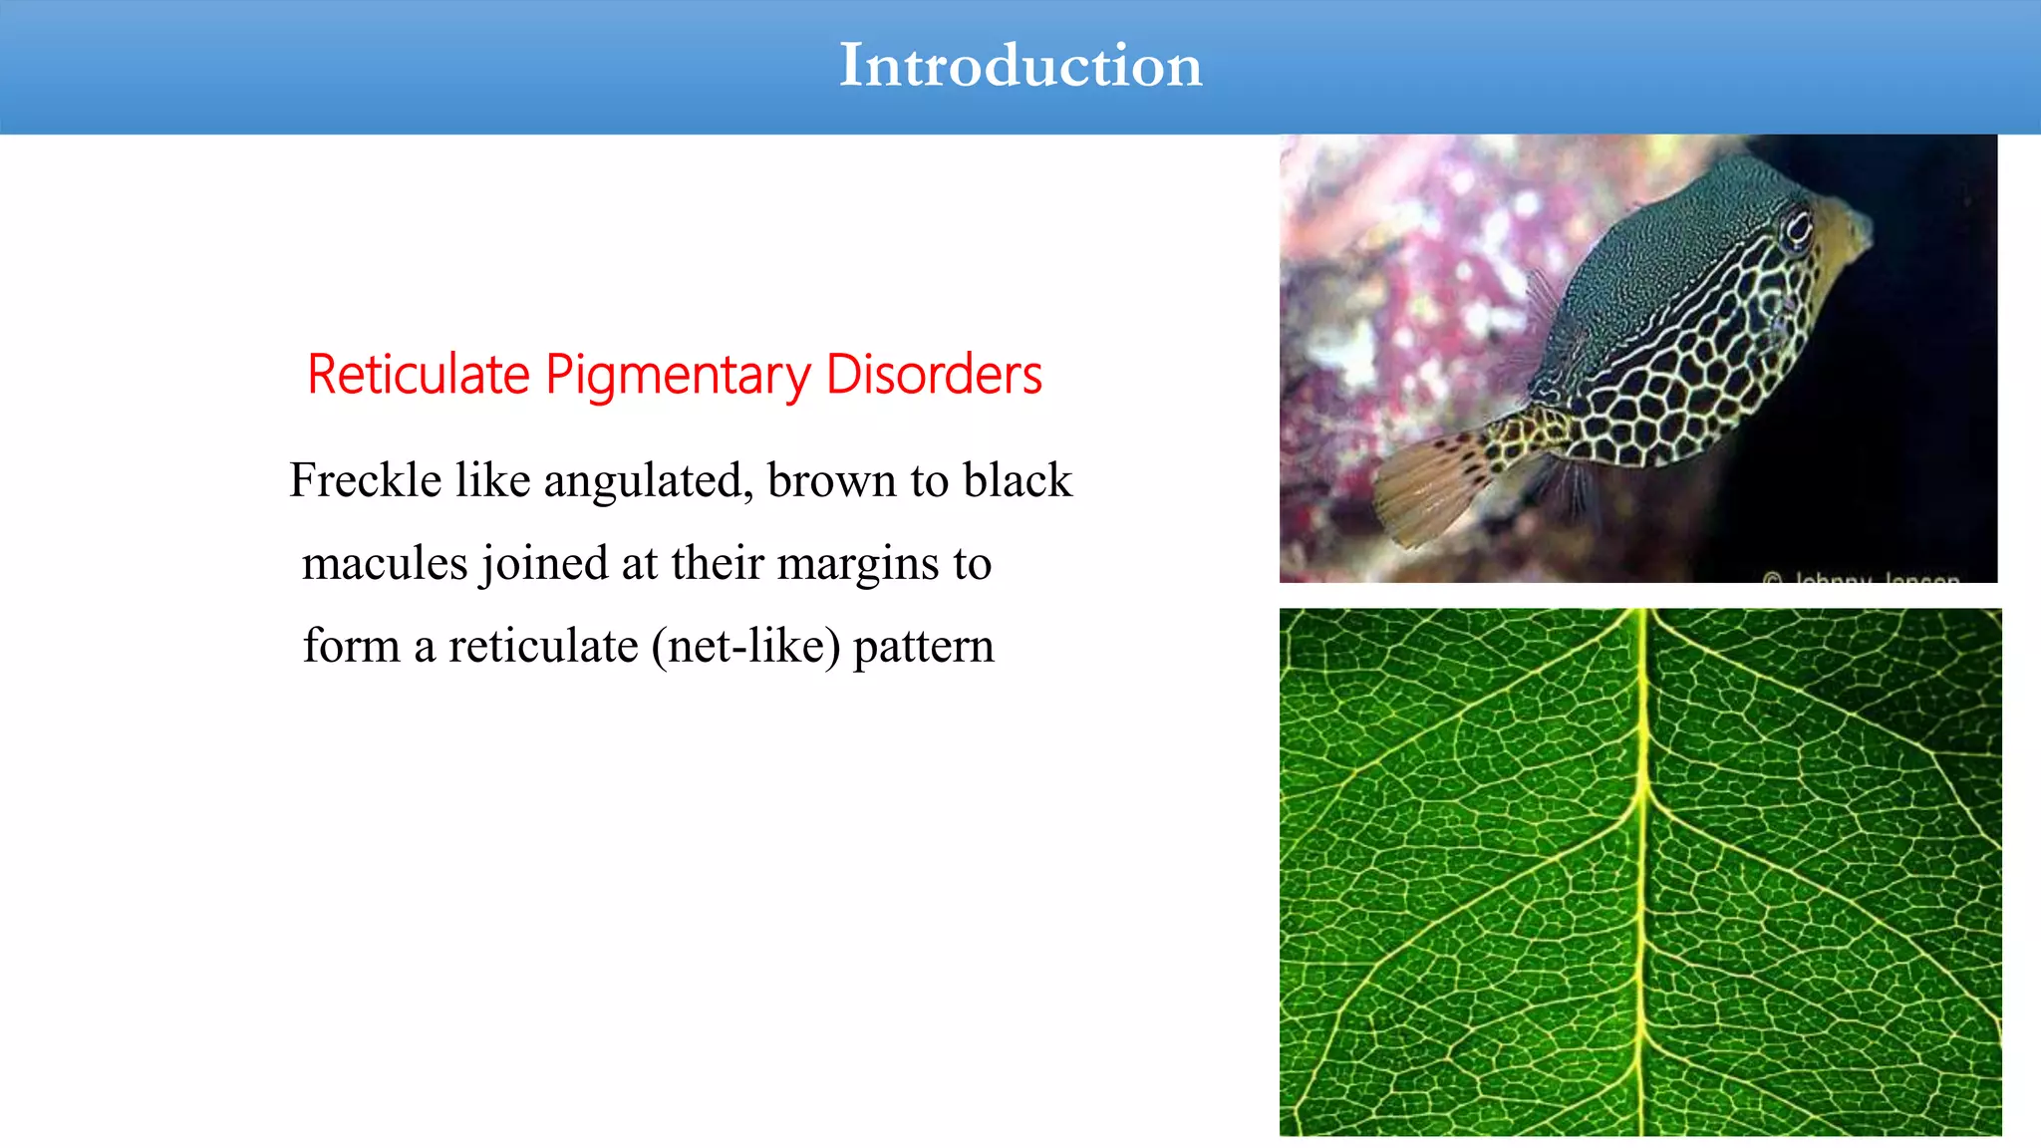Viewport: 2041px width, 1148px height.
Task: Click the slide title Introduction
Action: click(1020, 66)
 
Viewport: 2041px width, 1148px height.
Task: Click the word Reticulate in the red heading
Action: click(418, 376)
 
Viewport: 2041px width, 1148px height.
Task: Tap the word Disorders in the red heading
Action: click(934, 376)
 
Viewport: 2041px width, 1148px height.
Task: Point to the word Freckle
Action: click(365, 480)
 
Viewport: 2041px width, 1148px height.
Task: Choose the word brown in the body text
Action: click(831, 480)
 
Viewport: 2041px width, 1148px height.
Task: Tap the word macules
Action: click(385, 564)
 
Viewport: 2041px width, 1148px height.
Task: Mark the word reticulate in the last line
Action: click(543, 647)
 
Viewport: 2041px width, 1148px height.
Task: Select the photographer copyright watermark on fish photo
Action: click(1861, 577)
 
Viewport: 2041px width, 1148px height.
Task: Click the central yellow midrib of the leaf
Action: click(1639, 867)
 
